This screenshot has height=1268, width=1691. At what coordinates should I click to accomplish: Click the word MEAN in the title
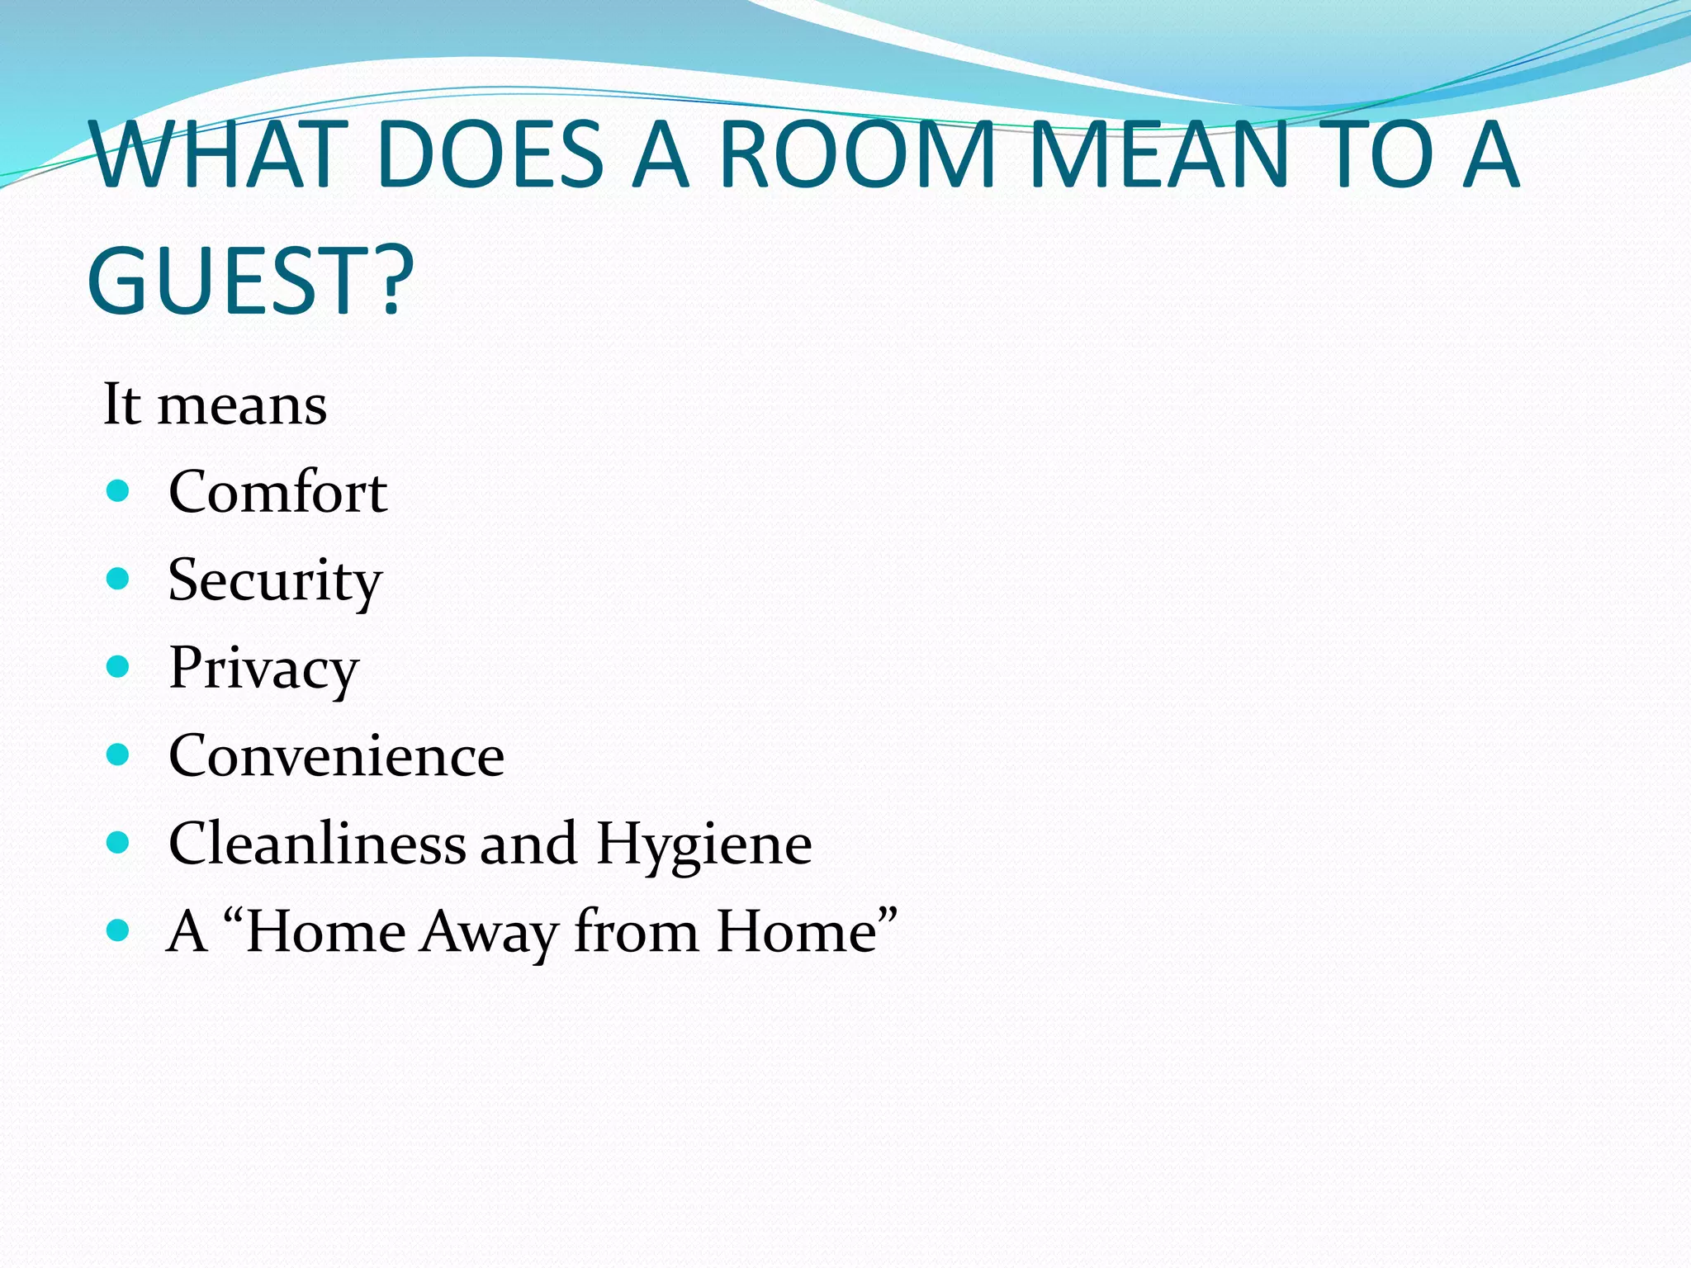tap(1160, 154)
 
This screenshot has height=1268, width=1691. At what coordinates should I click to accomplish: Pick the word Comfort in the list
tap(277, 492)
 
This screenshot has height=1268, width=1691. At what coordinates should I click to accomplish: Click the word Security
tap(275, 580)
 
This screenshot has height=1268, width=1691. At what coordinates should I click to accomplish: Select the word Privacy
tap(264, 669)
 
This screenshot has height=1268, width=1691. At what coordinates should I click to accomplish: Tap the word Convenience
tap(336, 756)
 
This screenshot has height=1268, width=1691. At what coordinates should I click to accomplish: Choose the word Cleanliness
tap(317, 844)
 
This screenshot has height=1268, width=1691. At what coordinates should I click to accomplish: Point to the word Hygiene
tap(704, 845)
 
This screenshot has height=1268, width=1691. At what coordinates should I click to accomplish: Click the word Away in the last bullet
tap(489, 933)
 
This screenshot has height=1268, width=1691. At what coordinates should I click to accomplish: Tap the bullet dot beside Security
tap(119, 580)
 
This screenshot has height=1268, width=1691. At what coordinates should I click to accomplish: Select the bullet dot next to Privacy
tap(119, 667)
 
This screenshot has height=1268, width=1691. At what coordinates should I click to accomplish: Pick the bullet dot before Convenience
tap(119, 755)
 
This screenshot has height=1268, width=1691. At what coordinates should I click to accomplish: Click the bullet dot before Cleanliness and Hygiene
tap(119, 843)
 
